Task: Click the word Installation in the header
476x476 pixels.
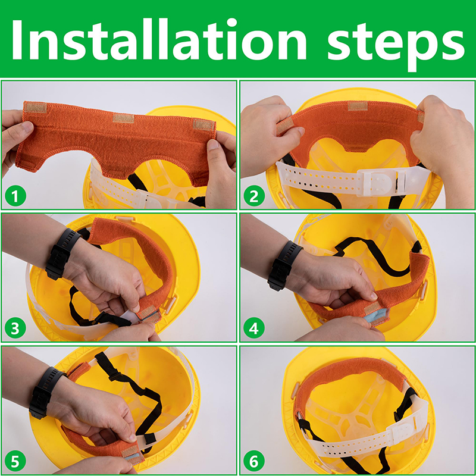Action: click(x=159, y=39)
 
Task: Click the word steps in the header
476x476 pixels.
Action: click(x=396, y=46)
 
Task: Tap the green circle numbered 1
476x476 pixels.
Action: click(x=15, y=196)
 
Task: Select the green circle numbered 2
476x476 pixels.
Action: click(x=254, y=196)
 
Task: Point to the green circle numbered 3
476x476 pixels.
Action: click(x=15, y=328)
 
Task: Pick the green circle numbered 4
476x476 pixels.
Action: click(x=254, y=328)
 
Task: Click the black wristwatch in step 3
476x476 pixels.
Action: click(x=62, y=253)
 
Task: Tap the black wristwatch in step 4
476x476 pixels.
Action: click(x=284, y=265)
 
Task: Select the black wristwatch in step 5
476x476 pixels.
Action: click(x=46, y=393)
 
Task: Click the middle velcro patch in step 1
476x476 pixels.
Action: click(x=123, y=118)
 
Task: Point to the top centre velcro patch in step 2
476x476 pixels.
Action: click(x=358, y=106)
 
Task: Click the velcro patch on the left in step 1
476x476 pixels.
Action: click(x=36, y=108)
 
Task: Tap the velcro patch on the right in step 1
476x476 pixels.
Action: click(x=203, y=125)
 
